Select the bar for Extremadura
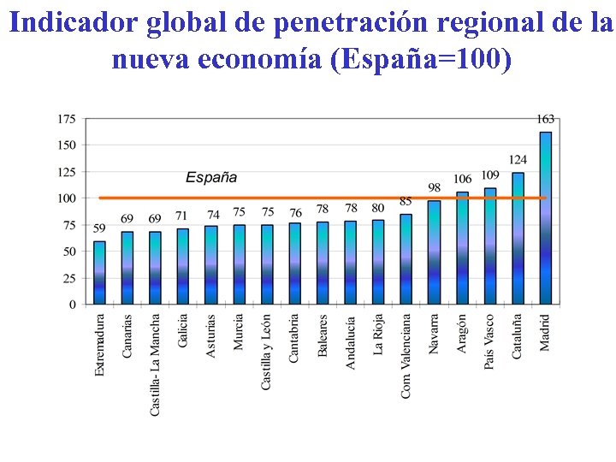100,272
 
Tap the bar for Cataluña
518,239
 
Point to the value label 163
546,119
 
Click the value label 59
99,228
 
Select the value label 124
518,160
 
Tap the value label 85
406,202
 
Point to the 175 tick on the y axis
67,118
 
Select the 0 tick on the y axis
73,305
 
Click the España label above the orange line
211,178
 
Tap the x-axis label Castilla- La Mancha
155,364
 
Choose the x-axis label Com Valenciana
406,355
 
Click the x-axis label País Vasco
489,343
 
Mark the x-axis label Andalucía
350,342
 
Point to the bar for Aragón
462,248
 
